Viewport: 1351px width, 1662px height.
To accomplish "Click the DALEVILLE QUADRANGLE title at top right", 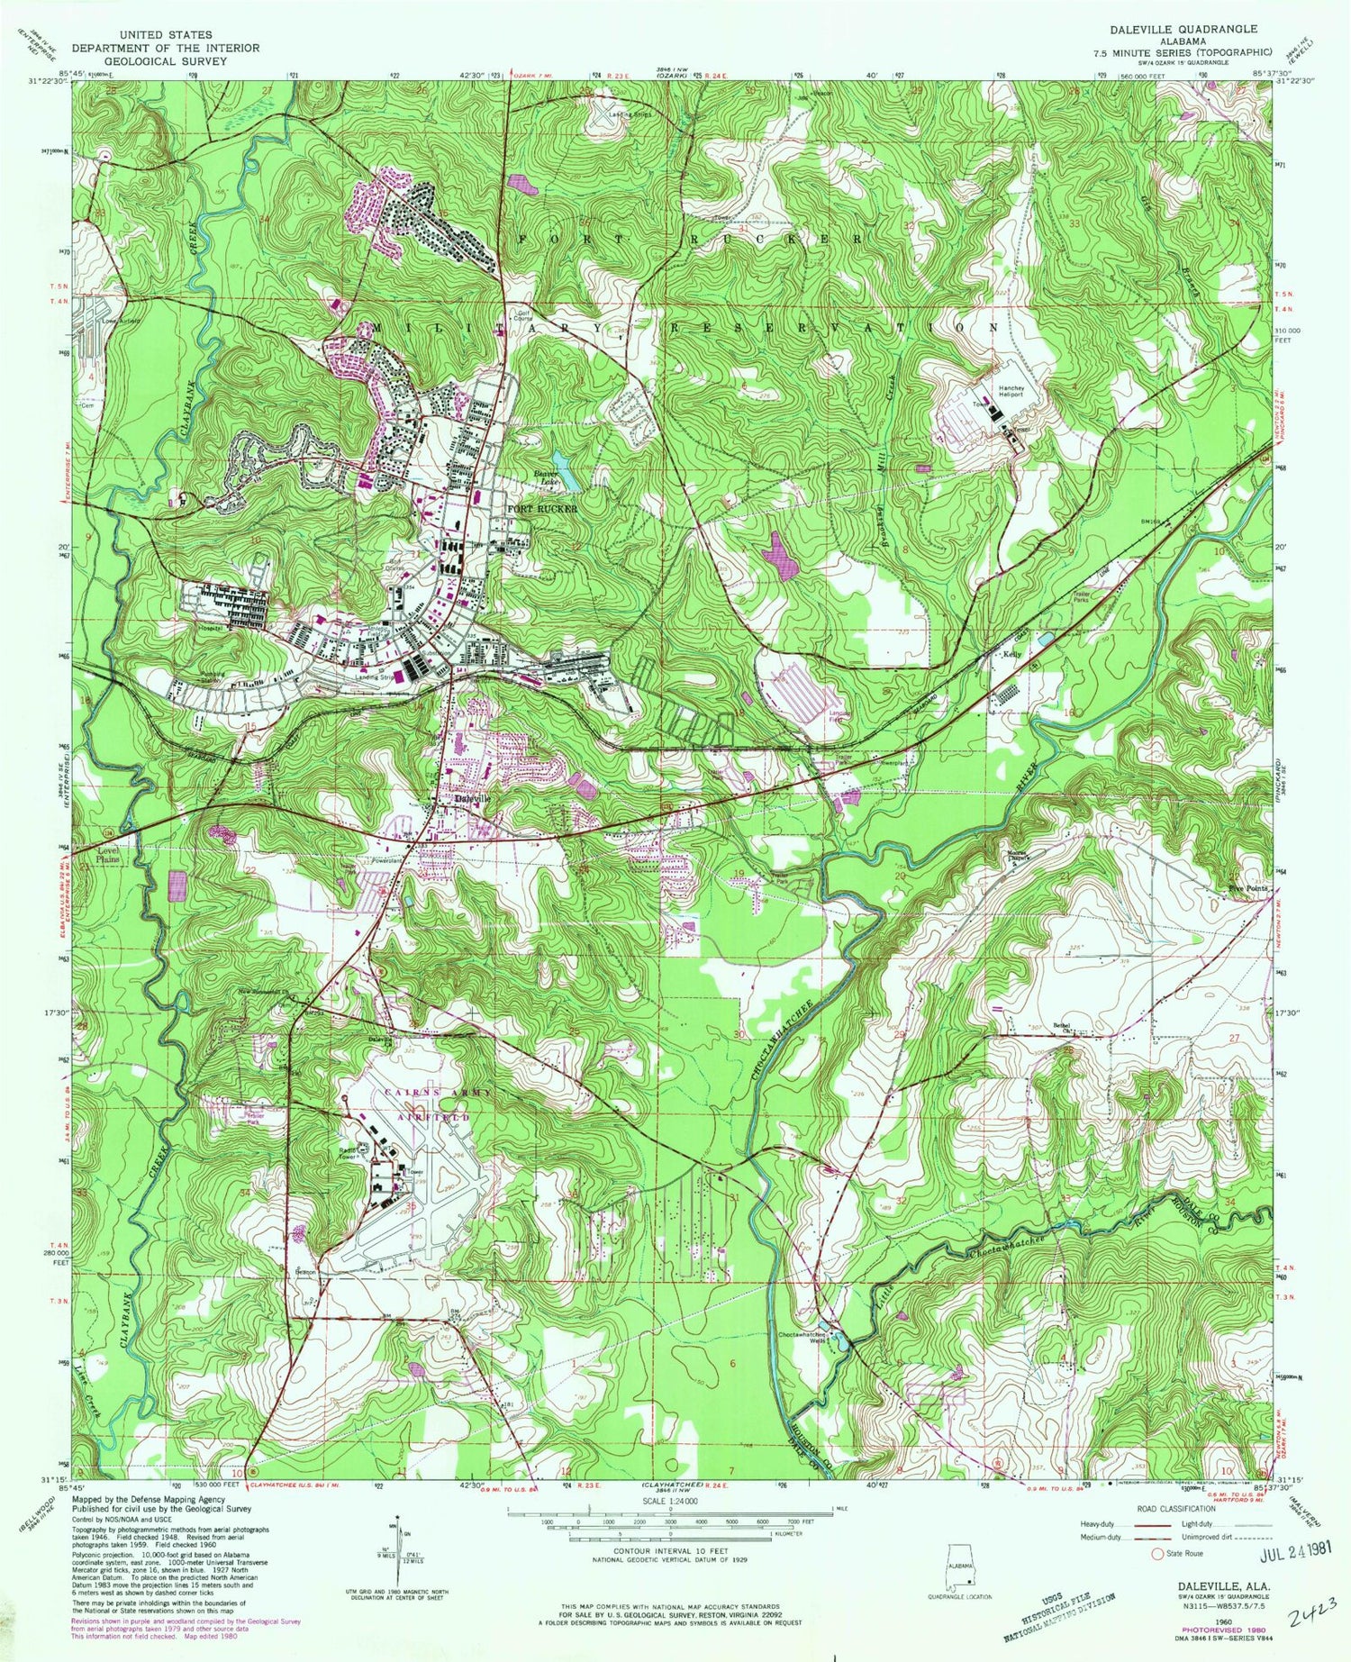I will click(1183, 29).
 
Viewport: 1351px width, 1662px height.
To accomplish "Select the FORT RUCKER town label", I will click(541, 509).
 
